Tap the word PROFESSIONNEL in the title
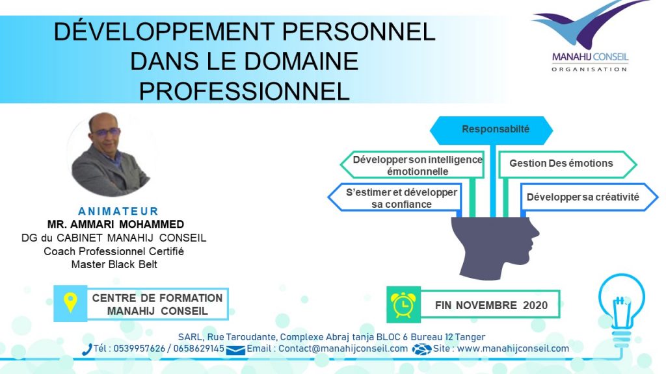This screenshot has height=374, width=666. [x=245, y=91]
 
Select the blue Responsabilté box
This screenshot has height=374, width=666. [x=492, y=130]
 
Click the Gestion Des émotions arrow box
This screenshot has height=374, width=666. [x=567, y=164]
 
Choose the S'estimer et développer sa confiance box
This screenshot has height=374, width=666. [x=395, y=197]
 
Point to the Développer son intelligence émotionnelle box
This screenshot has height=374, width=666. [x=412, y=165]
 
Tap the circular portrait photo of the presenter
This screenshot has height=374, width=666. [x=111, y=155]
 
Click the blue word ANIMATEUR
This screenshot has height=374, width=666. [x=118, y=211]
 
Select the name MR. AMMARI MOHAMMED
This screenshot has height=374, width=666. [x=116, y=224]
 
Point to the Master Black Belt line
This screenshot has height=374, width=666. [x=114, y=265]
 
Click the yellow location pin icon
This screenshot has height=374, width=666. [x=70, y=303]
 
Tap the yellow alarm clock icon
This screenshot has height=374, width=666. [x=403, y=305]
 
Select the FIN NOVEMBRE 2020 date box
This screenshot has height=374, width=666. [x=490, y=305]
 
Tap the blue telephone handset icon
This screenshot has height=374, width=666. [x=87, y=349]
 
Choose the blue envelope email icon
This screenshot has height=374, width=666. [x=235, y=350]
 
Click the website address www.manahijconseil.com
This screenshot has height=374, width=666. [x=513, y=349]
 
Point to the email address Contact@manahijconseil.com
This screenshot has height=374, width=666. [x=343, y=349]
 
